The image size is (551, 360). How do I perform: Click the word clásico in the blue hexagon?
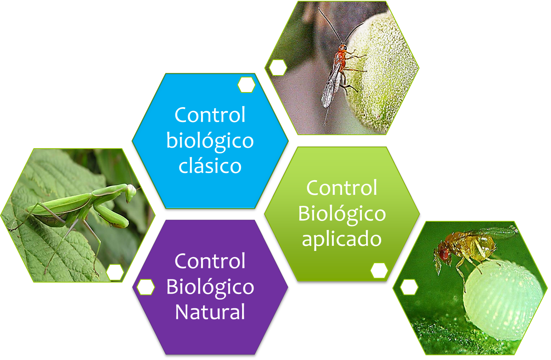click(210, 166)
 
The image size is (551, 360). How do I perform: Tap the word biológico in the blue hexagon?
click(210, 141)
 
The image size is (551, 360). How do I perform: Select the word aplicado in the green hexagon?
click(342, 239)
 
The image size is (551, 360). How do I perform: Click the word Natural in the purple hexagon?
click(210, 312)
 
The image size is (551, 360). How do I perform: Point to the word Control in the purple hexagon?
click(210, 261)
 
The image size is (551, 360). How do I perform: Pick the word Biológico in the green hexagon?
click(342, 214)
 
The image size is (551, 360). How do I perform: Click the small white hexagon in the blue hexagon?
click(246, 85)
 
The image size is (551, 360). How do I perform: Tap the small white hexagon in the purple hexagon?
click(145, 287)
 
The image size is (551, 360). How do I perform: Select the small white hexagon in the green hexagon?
click(379, 271)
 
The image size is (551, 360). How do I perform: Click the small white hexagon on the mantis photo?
click(115, 272)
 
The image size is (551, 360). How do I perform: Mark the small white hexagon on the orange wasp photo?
click(278, 68)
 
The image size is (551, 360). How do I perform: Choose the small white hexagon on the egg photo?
click(409, 287)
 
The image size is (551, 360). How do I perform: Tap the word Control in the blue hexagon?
click(210, 115)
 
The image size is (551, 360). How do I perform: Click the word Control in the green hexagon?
click(342, 188)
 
